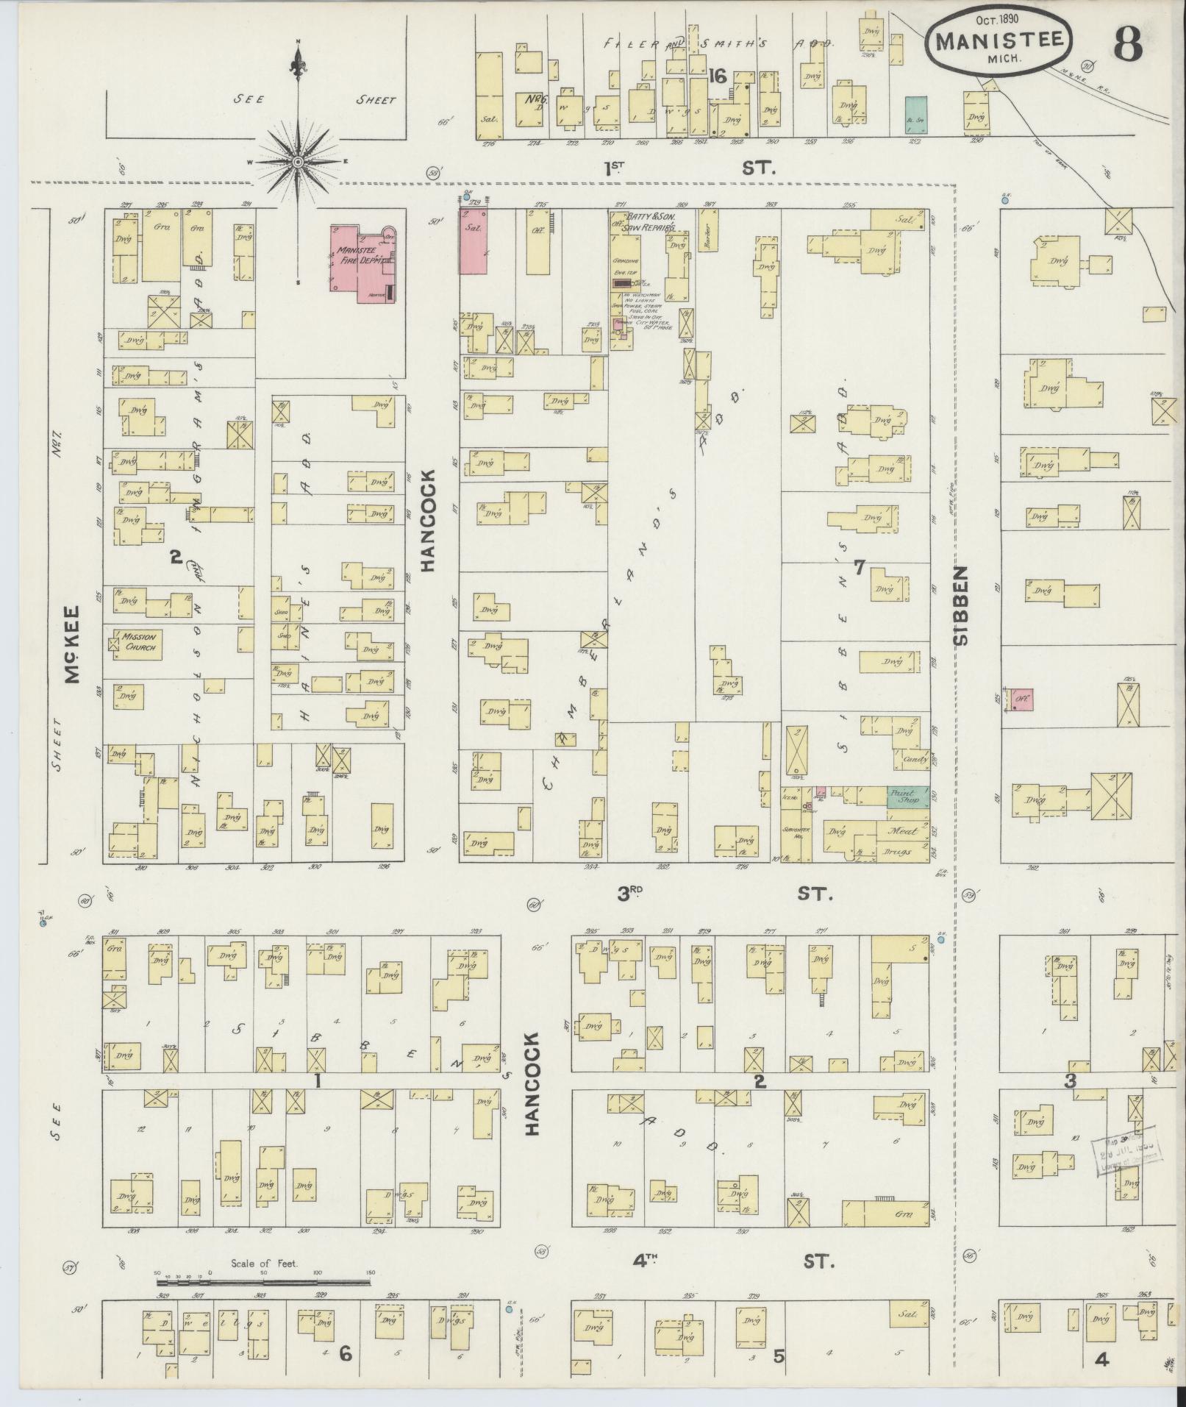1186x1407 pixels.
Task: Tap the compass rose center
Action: [x=299, y=162]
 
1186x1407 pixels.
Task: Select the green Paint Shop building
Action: [x=906, y=797]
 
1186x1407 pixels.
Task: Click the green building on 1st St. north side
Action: [x=915, y=115]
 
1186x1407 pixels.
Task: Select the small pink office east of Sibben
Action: [x=1022, y=699]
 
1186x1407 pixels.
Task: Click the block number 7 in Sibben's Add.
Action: [x=858, y=567]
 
